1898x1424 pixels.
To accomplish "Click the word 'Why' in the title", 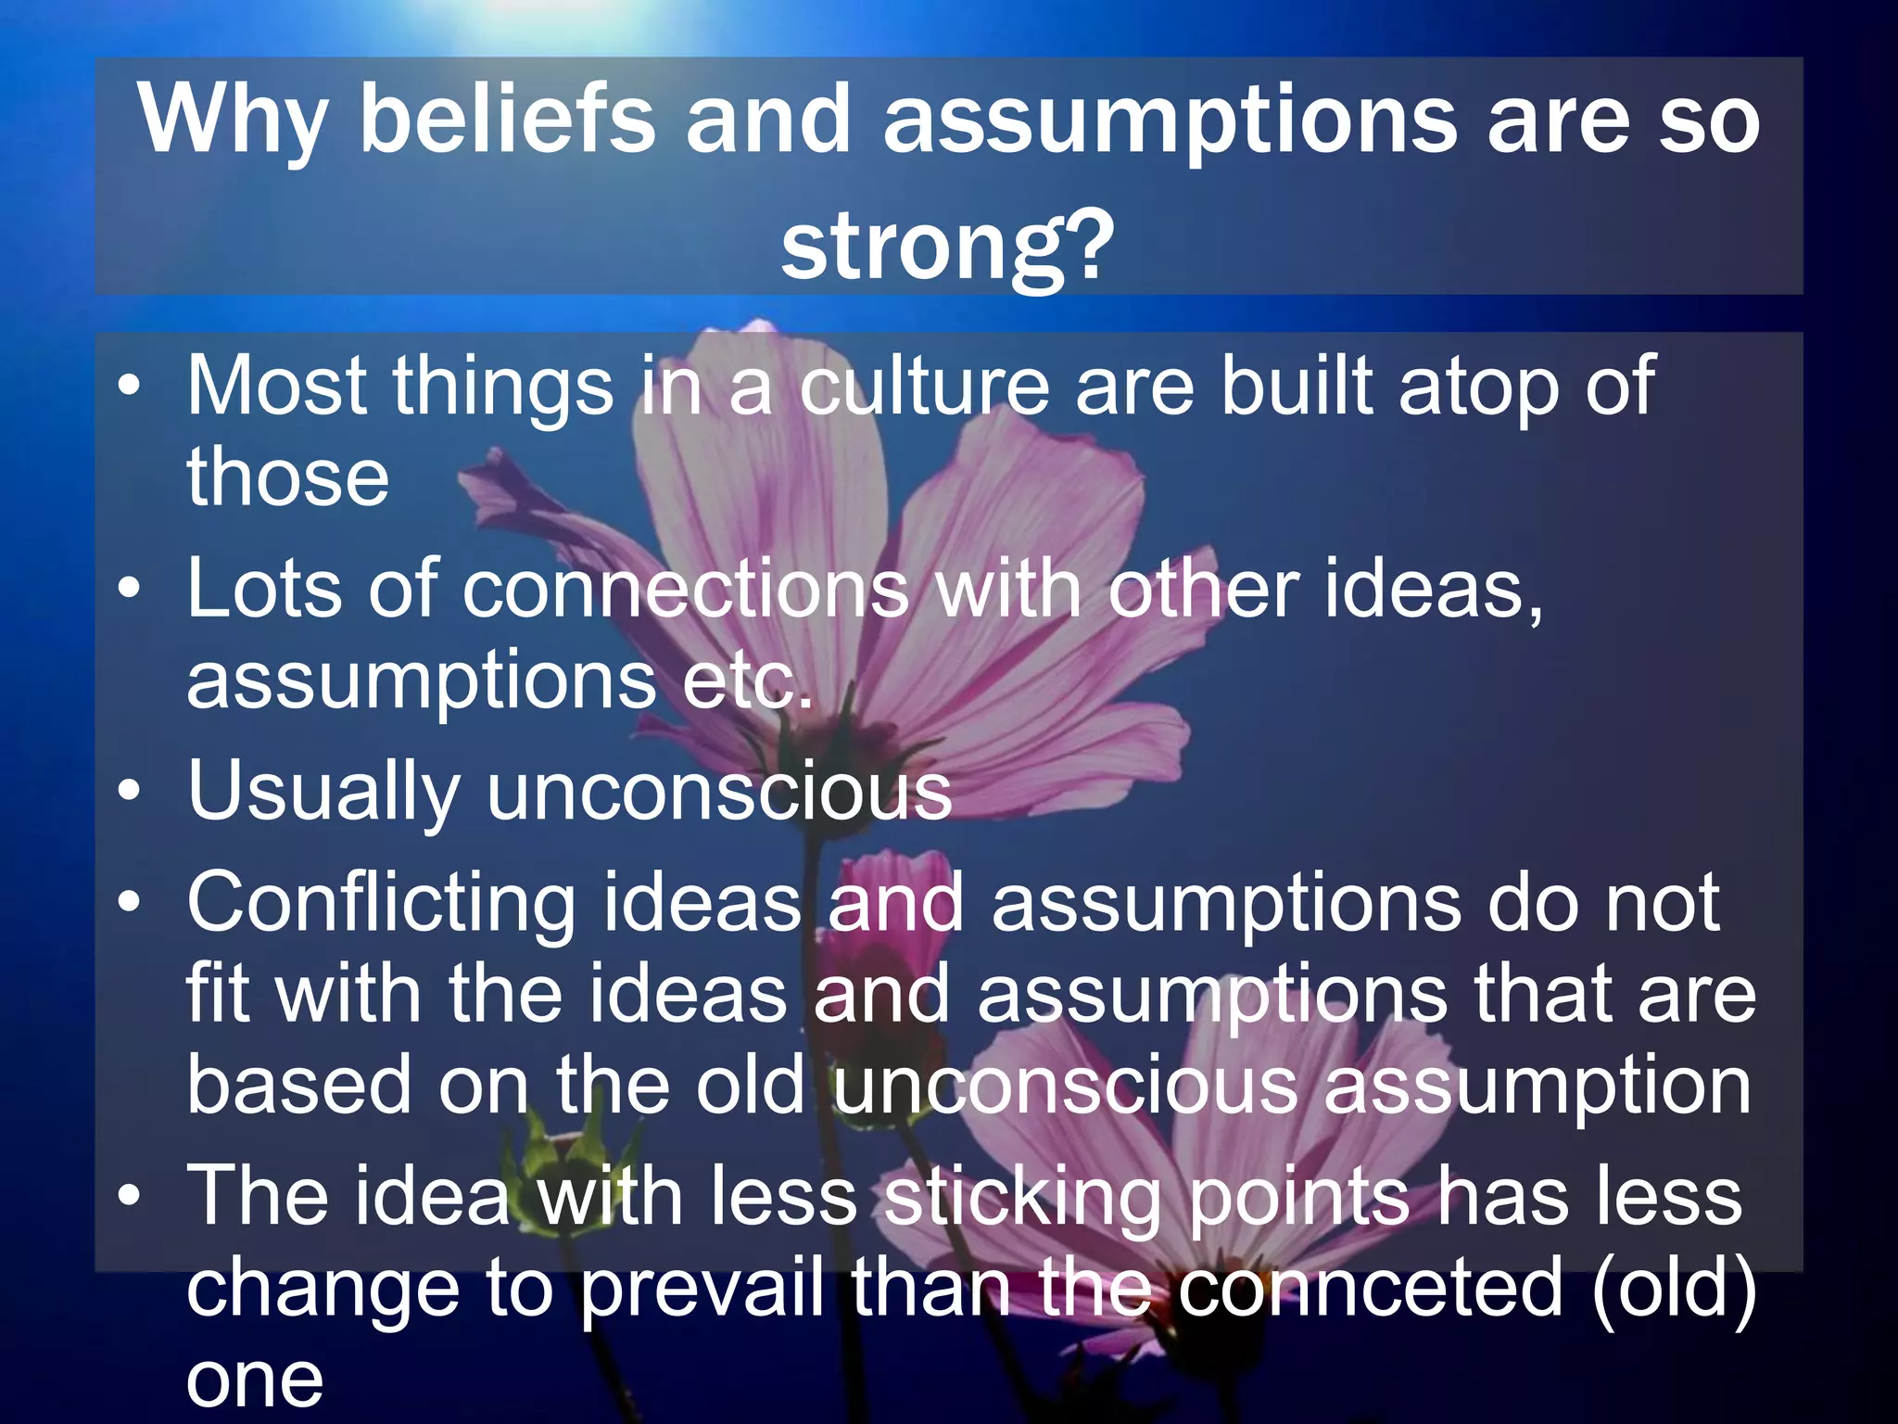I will (x=232, y=121).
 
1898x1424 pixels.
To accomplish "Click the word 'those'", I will (x=287, y=477).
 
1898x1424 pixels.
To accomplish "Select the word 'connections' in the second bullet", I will (x=686, y=589).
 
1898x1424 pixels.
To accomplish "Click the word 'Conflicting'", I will (x=381, y=904).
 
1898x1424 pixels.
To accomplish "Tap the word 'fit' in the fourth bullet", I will (x=217, y=994).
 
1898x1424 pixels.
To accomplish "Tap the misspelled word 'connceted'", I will (x=1372, y=1289).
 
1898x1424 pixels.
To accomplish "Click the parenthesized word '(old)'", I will (x=1674, y=1289).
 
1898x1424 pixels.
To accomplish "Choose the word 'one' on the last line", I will (x=255, y=1381).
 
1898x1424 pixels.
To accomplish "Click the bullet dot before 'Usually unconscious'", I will (x=131, y=791).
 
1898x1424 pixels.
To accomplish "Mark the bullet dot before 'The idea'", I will (x=131, y=1195).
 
